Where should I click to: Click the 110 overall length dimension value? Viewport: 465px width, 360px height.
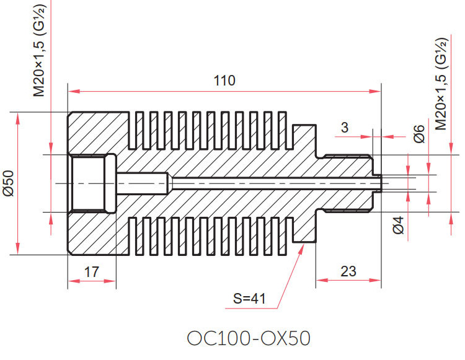point(224,81)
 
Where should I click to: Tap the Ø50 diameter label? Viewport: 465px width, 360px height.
point(9,183)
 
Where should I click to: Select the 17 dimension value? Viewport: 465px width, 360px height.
point(92,271)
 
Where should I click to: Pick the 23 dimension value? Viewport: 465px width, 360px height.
point(348,271)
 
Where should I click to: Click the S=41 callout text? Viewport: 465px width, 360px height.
point(249,299)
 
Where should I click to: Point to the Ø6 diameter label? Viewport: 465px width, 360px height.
point(420,134)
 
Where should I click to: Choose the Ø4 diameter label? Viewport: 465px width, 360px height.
point(399,225)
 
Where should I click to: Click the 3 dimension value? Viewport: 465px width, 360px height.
point(344,128)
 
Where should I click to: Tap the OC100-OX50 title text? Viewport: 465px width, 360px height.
point(249,338)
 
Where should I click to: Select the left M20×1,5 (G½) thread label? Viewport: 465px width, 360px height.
point(39,50)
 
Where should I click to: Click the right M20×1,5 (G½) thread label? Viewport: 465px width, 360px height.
point(441,84)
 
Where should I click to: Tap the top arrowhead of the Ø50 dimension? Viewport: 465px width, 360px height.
point(18,118)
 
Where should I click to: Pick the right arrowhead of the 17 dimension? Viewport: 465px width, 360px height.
point(110,281)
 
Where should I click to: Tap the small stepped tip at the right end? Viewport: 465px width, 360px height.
point(377,183)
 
